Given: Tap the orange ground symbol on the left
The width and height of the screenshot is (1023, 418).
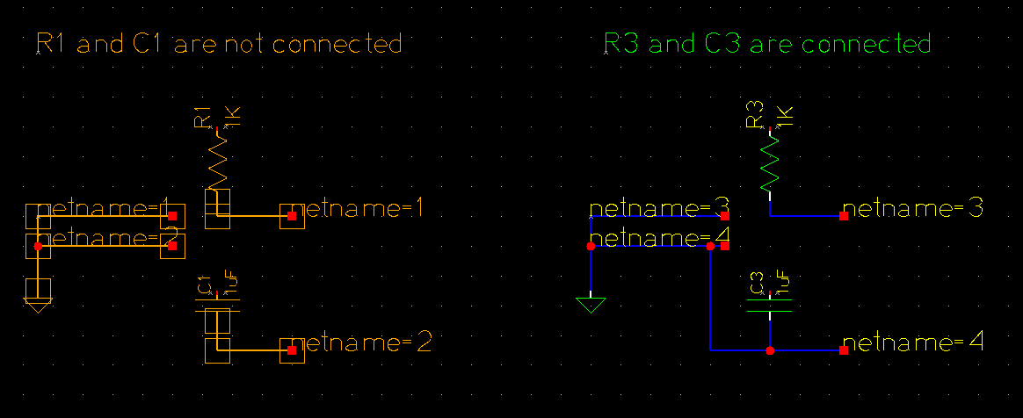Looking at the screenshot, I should pyautogui.click(x=38, y=295).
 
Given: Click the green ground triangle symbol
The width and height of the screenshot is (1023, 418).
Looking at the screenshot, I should pyautogui.click(x=591, y=305).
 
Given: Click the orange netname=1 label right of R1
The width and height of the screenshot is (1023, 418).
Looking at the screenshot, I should pyautogui.click(x=357, y=209).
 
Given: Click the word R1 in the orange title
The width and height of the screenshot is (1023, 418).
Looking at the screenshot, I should pyautogui.click(x=52, y=43).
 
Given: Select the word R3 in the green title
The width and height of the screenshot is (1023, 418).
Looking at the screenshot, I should pyautogui.click(x=622, y=43).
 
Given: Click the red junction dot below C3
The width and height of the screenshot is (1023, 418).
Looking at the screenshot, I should pyautogui.click(x=770, y=350).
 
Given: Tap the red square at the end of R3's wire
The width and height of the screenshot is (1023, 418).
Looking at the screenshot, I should pyautogui.click(x=844, y=216).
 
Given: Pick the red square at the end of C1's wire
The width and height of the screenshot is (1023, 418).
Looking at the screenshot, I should pyautogui.click(x=292, y=350).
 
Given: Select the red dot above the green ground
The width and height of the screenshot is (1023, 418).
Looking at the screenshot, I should pyautogui.click(x=591, y=247).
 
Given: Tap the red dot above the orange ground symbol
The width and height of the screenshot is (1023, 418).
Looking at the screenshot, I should pyautogui.click(x=38, y=247).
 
